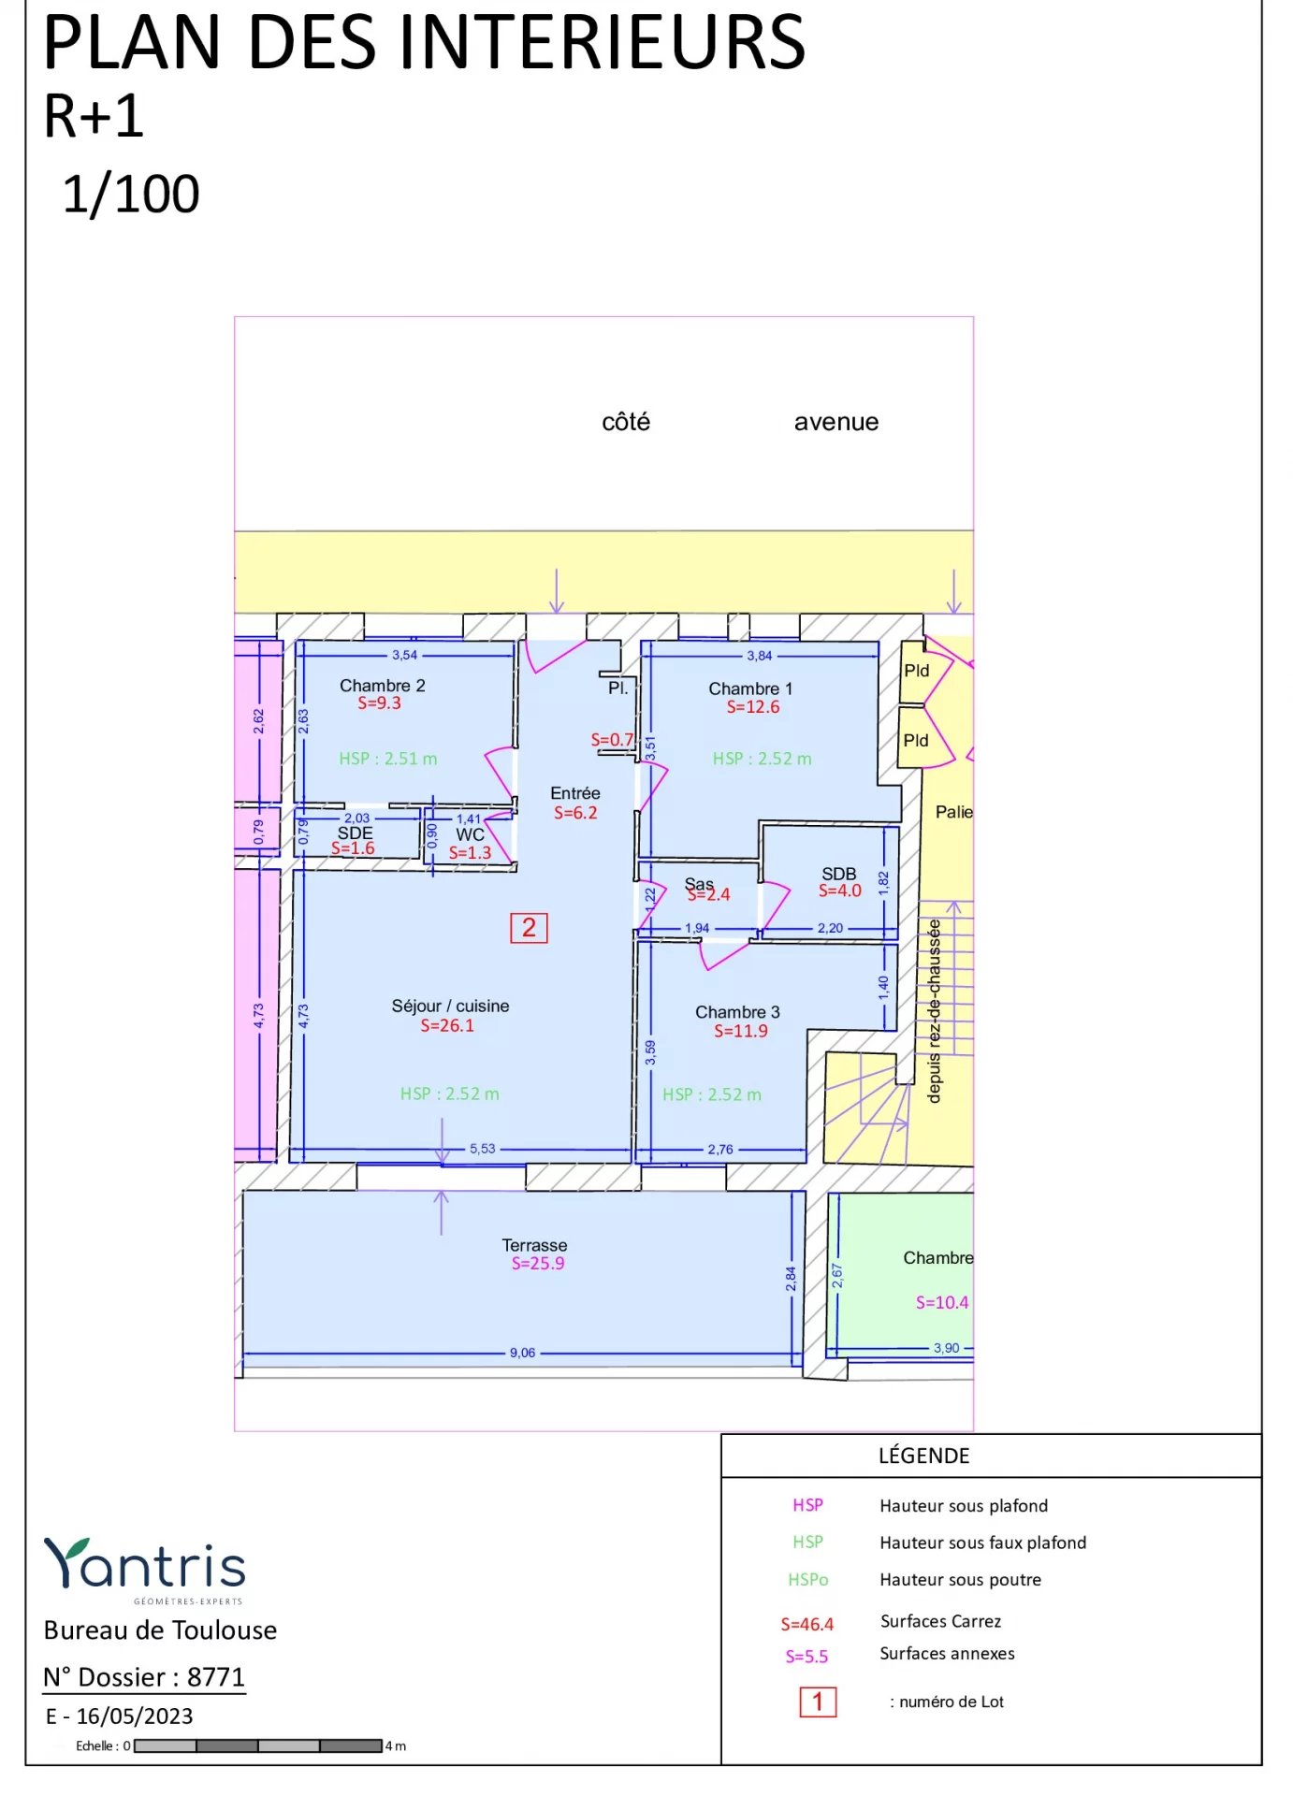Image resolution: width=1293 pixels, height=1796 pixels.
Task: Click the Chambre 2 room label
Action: click(x=382, y=686)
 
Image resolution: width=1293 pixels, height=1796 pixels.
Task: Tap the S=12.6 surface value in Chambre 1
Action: click(x=752, y=707)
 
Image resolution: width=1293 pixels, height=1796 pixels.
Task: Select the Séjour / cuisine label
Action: click(x=450, y=1006)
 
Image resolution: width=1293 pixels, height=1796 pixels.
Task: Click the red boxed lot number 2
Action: click(x=529, y=928)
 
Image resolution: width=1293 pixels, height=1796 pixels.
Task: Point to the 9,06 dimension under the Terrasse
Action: click(x=522, y=1353)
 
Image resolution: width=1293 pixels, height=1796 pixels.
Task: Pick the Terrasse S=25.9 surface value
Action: click(x=537, y=1264)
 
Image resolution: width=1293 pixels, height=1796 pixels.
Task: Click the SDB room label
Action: click(x=838, y=873)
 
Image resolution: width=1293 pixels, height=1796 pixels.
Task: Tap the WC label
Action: click(x=470, y=834)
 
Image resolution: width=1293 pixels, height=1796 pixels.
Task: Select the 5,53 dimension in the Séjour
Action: click(x=482, y=1149)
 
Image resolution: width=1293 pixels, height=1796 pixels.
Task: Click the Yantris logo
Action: click(x=145, y=1566)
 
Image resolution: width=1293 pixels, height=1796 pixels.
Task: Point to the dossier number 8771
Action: click(x=215, y=1677)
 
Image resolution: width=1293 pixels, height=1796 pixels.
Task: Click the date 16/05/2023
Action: click(x=134, y=1716)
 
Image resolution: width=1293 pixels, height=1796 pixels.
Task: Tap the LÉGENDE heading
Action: click(x=923, y=1456)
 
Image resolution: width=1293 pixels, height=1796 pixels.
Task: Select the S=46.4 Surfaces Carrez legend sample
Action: click(x=806, y=1624)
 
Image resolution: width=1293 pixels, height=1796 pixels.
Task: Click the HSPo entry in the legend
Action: click(x=807, y=1580)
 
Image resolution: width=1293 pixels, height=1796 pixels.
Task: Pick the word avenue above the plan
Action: click(x=835, y=422)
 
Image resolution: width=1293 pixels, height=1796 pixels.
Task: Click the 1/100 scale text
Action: click(x=131, y=195)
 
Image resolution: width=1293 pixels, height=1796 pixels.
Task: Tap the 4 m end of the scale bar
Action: click(x=396, y=1745)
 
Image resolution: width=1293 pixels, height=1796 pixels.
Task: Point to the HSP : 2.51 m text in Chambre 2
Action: click(x=387, y=759)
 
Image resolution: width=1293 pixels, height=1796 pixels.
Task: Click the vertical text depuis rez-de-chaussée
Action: click(x=934, y=1010)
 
